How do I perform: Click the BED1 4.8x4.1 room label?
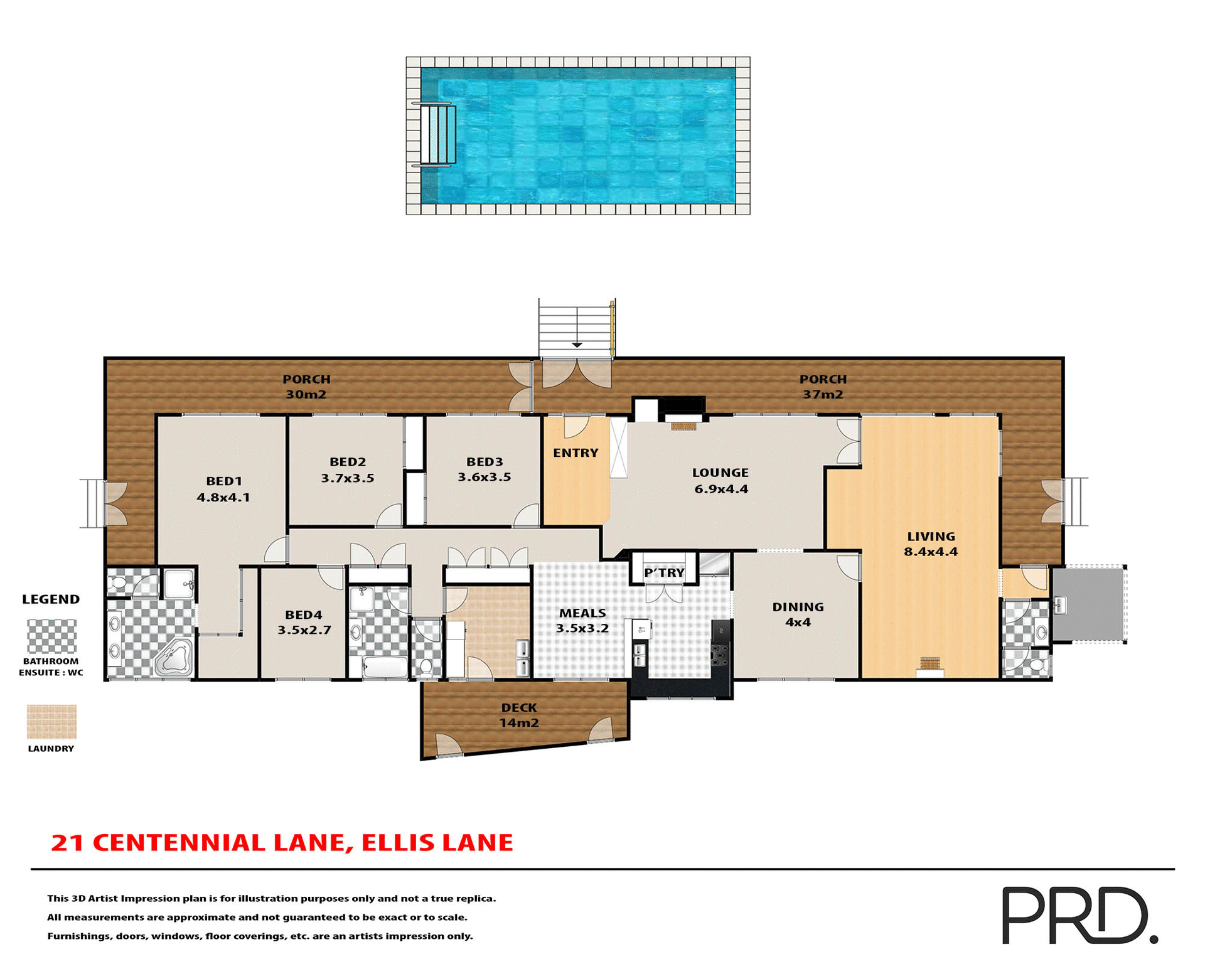(223, 489)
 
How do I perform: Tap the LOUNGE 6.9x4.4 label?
(720, 481)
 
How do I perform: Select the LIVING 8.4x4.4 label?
(931, 544)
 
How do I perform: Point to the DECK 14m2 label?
(519, 715)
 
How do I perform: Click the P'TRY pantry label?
(664, 572)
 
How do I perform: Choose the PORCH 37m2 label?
(823, 387)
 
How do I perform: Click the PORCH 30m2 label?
(306, 387)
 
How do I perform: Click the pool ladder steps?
(438, 135)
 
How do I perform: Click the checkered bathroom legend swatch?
(51, 636)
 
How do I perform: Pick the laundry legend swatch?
(51, 722)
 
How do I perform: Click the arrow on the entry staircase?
(577, 345)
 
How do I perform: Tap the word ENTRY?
(576, 453)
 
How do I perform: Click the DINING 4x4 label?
(798, 614)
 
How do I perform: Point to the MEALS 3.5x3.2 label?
(582, 620)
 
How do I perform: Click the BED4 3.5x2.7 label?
(304, 622)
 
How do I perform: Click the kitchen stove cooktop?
(720, 653)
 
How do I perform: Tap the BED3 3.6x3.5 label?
(484, 469)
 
